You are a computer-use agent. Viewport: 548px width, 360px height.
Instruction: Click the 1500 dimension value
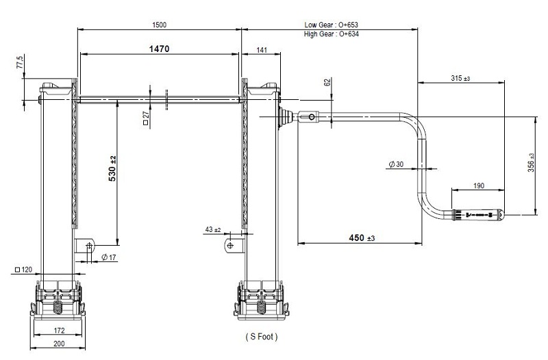pos(160,25)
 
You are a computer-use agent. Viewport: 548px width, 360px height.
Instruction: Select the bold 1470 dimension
pos(159,49)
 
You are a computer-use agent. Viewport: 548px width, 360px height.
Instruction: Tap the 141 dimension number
pos(262,50)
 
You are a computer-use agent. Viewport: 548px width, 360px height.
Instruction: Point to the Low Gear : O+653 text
pos(331,25)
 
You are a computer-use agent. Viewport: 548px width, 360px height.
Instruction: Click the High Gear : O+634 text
pos(332,34)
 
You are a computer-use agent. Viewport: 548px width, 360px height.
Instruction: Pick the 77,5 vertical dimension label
pos(20,62)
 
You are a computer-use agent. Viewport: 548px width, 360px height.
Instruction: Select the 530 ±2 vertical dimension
pos(112,168)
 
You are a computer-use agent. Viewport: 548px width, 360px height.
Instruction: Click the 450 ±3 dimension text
pos(362,237)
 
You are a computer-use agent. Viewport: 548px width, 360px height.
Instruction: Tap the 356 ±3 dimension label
pos(531,162)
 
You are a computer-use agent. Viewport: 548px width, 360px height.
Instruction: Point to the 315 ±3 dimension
pos(460,78)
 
